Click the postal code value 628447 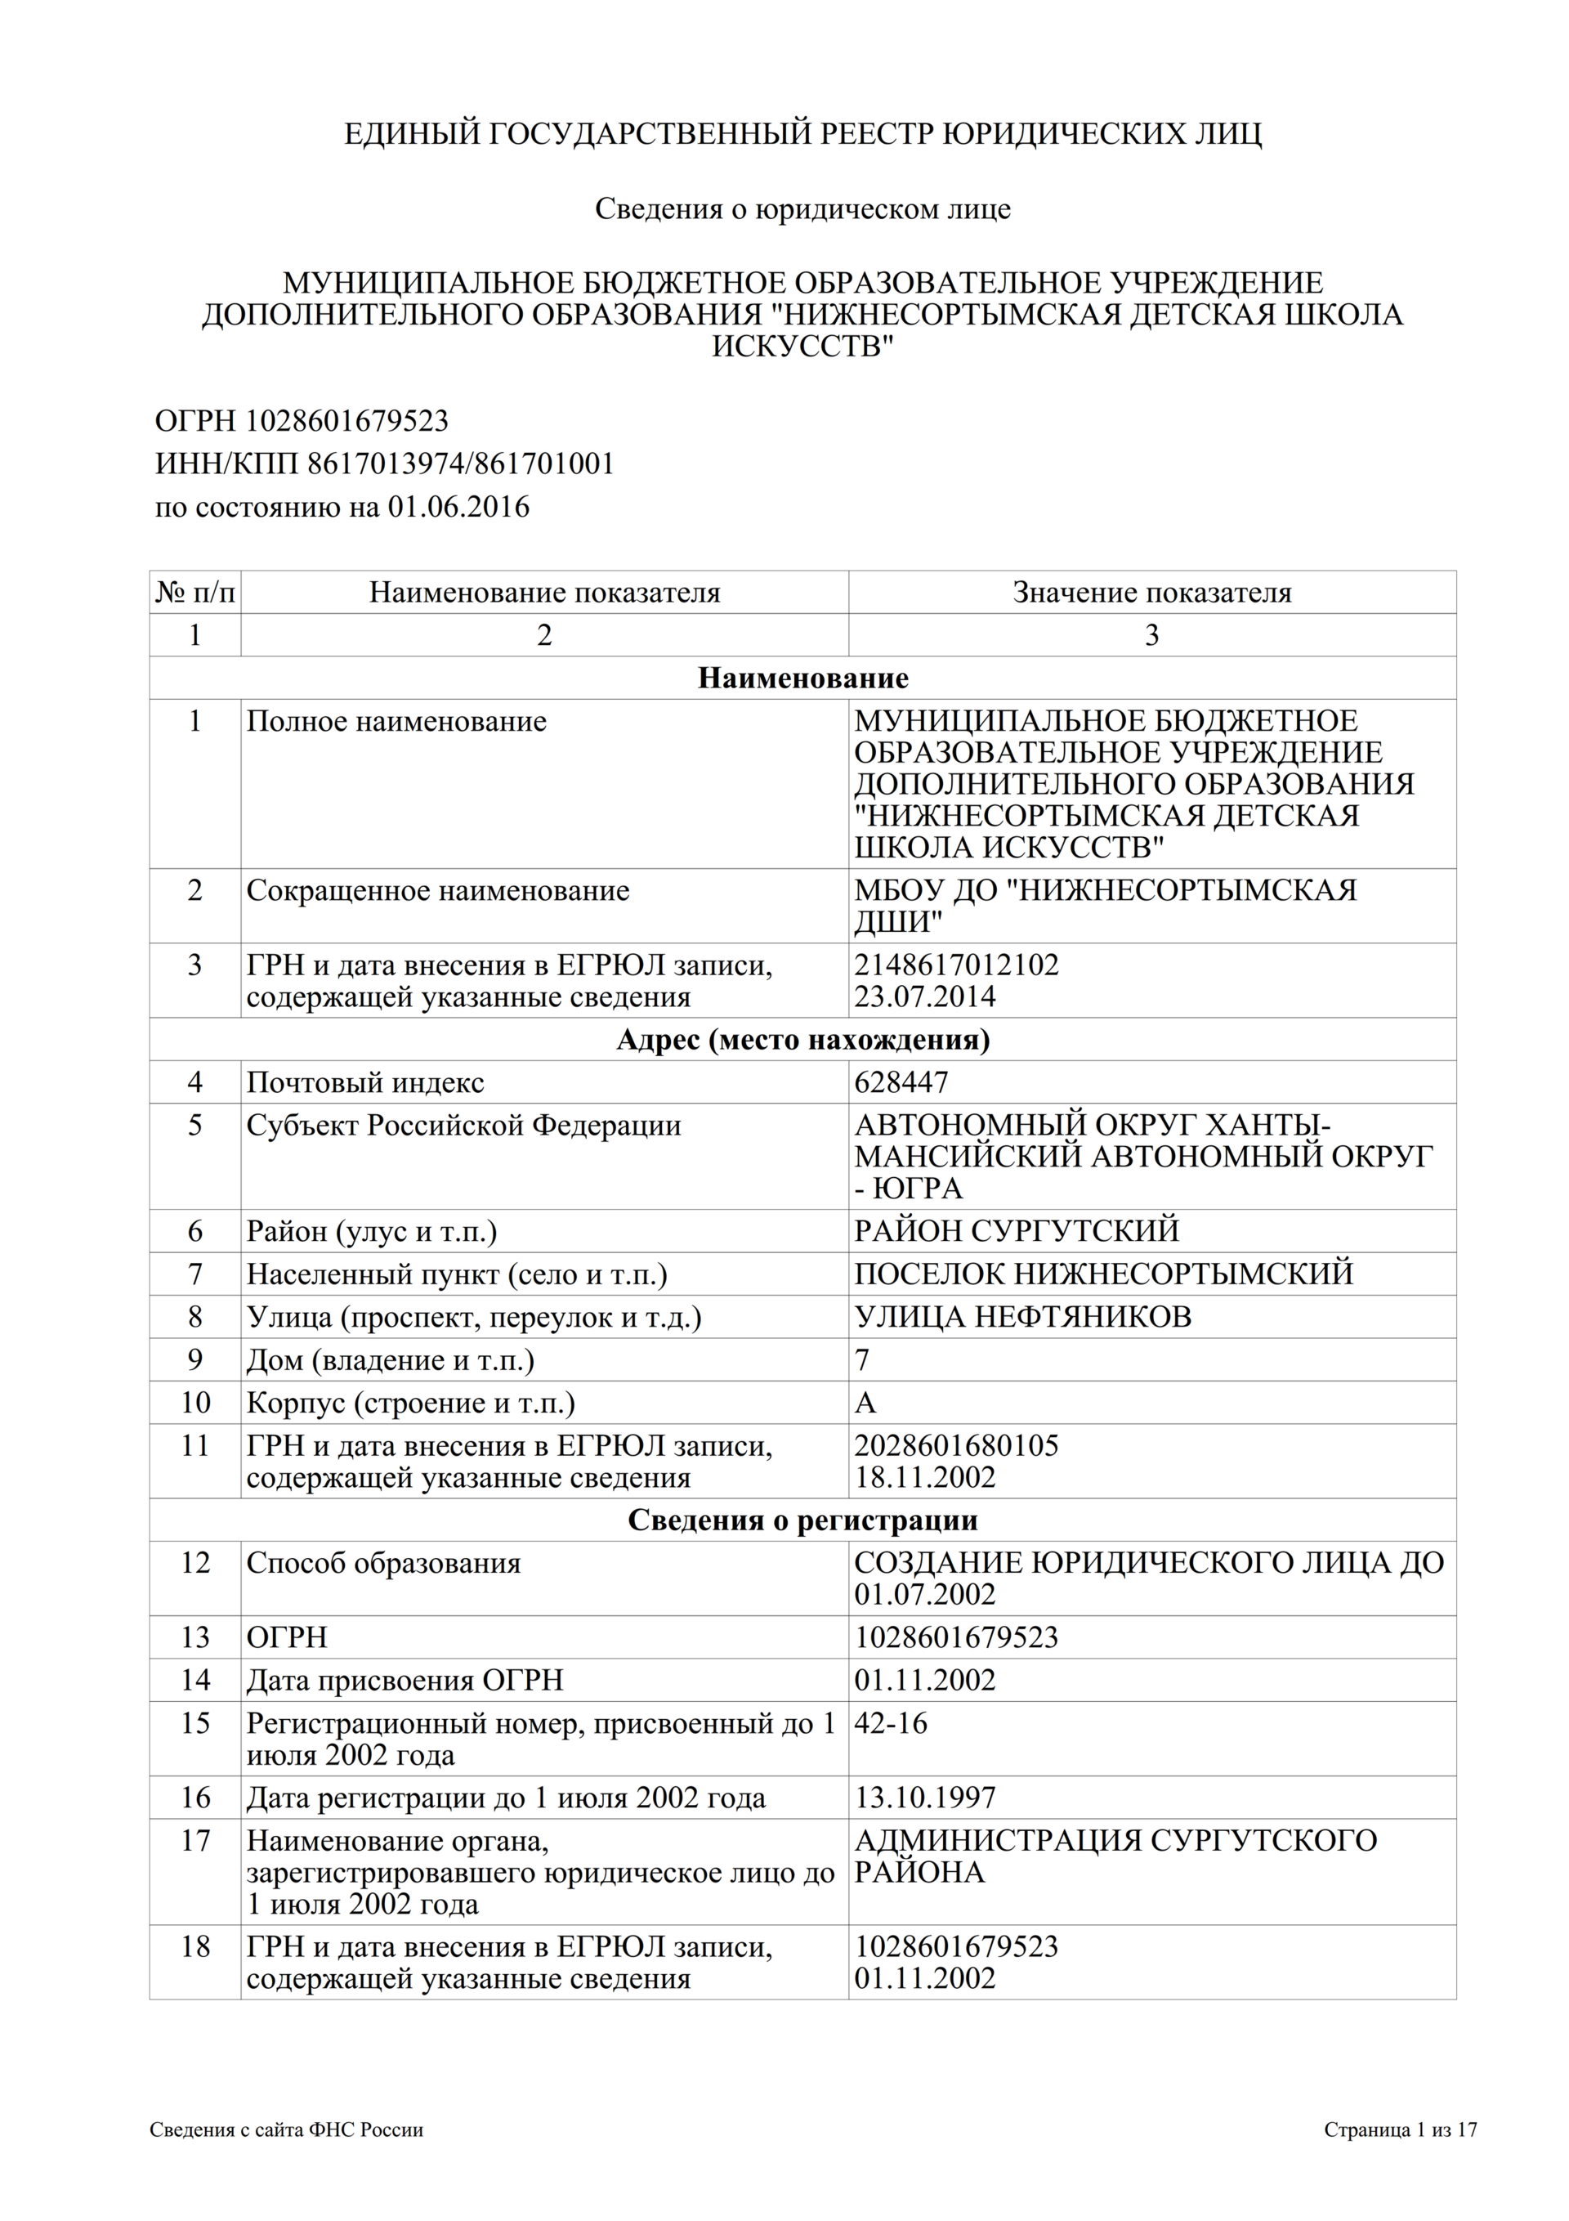click(x=901, y=1081)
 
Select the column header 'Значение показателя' click(x=1151, y=592)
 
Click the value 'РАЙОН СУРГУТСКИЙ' click(x=1016, y=1230)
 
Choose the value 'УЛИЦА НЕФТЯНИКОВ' click(x=1022, y=1317)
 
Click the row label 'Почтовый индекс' click(x=364, y=1081)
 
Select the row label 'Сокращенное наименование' click(x=437, y=890)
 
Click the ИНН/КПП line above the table click(x=384, y=463)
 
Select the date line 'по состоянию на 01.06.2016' click(x=342, y=507)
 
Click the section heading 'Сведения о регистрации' click(x=802, y=1520)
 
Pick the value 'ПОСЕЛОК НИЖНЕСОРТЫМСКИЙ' click(x=1102, y=1273)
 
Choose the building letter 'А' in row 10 click(x=865, y=1403)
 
